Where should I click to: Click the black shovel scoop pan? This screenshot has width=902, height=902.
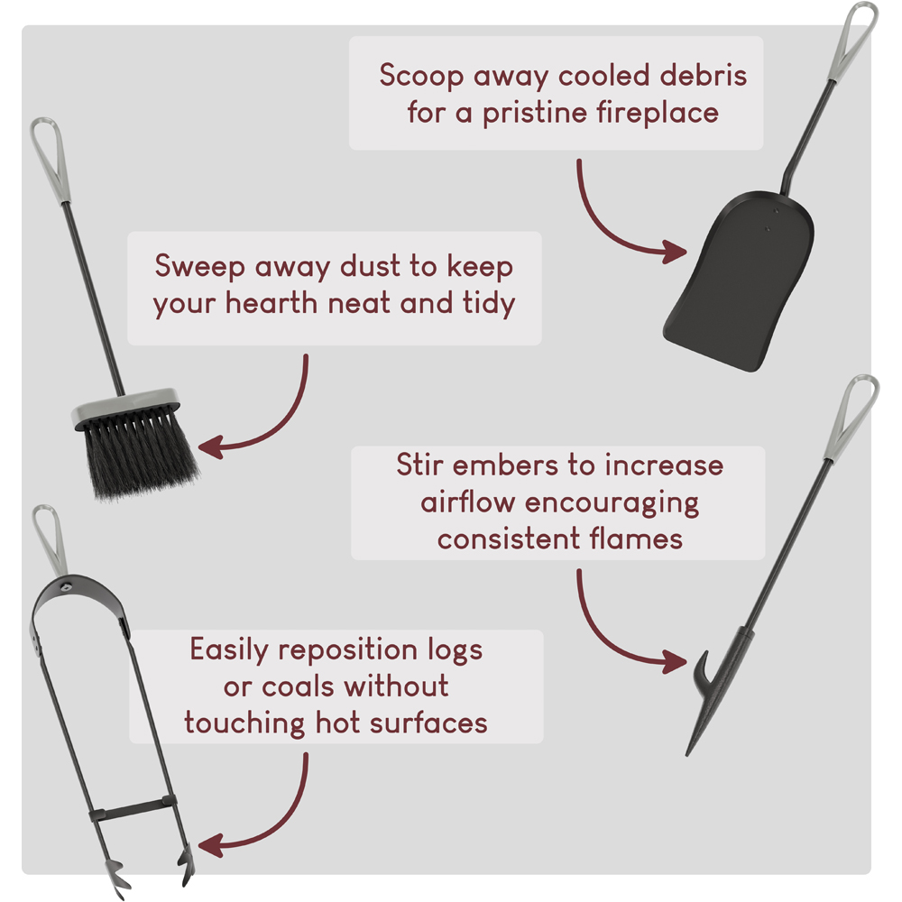pos(740,281)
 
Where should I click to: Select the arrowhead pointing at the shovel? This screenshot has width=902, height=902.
pos(673,252)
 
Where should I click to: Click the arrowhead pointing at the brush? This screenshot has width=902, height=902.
pos(211,446)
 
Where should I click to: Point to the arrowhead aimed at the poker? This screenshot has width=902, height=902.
pos(674,661)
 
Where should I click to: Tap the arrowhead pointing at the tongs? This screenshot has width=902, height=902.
pos(211,845)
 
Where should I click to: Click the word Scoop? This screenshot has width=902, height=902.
pos(421,76)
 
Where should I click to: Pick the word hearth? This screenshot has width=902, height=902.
pos(271,302)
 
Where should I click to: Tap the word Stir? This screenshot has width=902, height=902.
pos(419,465)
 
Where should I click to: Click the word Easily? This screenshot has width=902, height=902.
pos(229,650)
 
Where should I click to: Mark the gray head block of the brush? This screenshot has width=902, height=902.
pos(126,407)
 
